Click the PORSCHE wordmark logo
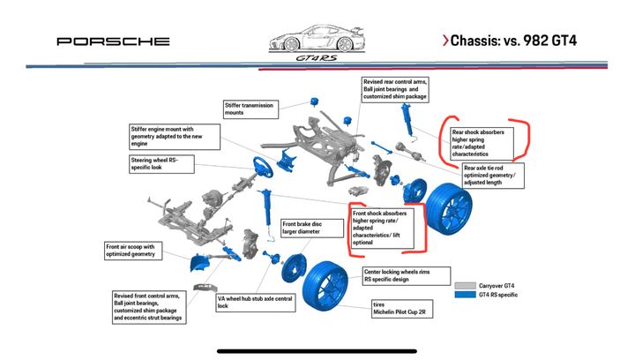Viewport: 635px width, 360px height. click(x=113, y=41)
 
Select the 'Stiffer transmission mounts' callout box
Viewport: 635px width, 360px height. click(x=250, y=109)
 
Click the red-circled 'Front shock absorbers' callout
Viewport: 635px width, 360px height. click(x=386, y=228)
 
